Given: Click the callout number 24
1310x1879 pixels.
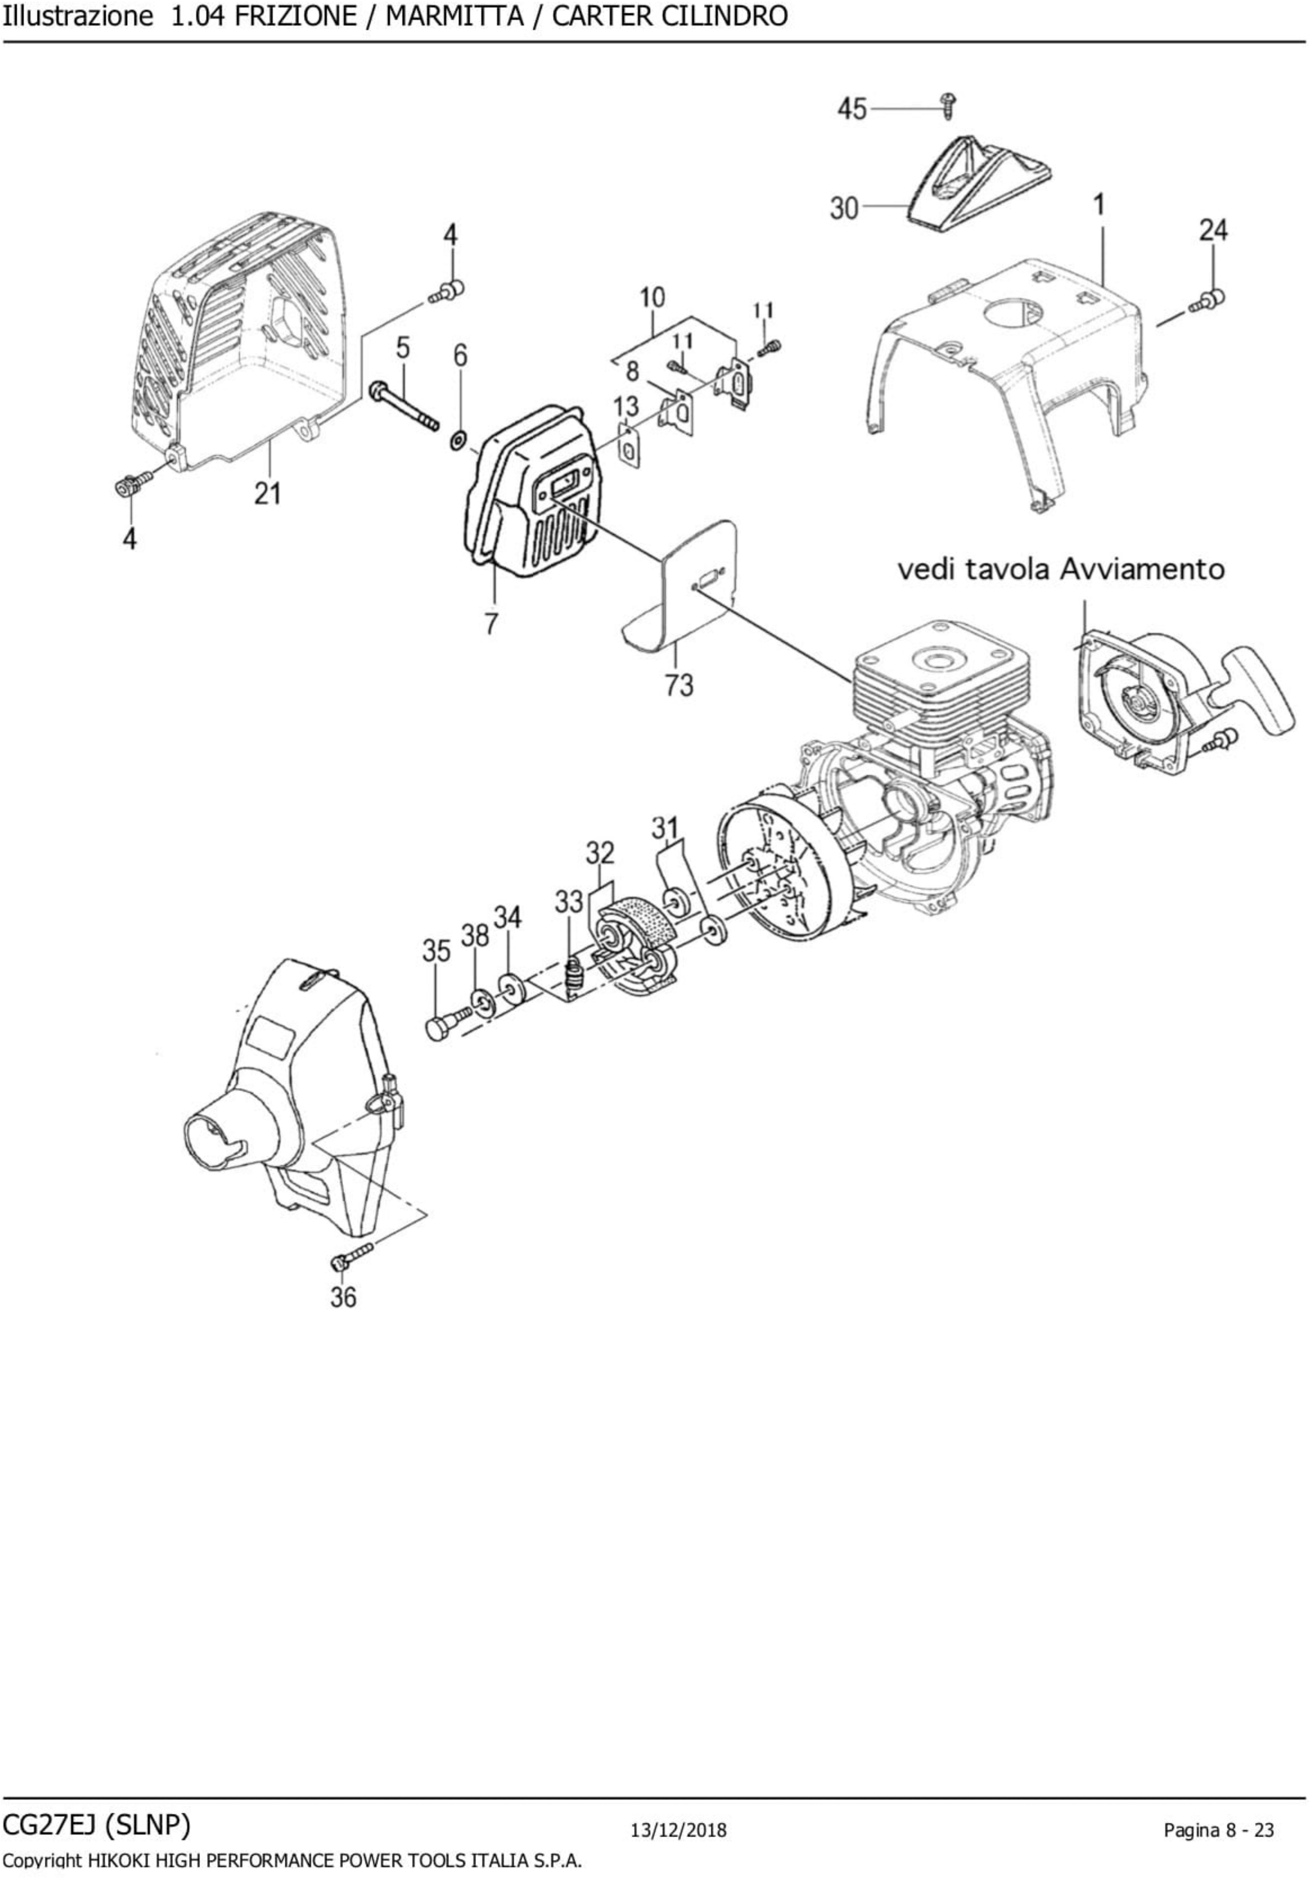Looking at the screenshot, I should [1213, 230].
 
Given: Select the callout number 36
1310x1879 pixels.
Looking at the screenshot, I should [343, 1297].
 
